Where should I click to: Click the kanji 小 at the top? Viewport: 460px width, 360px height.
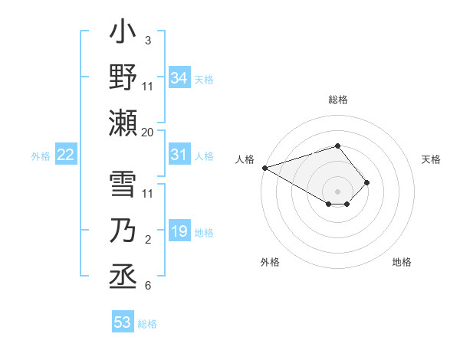[x=123, y=34]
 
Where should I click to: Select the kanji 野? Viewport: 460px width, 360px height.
[x=123, y=77]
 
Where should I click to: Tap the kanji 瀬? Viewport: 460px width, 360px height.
[x=123, y=122]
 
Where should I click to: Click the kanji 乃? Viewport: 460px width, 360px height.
[x=123, y=232]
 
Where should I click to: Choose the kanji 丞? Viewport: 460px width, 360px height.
[x=123, y=277]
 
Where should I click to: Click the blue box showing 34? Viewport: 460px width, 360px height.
[x=179, y=77]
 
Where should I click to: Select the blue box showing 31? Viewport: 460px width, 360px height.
[x=179, y=155]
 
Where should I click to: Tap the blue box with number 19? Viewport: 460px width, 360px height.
[x=179, y=232]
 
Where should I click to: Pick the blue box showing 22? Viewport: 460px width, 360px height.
[x=66, y=155]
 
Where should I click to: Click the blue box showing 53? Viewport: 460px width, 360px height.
[x=123, y=322]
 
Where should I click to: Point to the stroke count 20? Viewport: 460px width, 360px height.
[x=148, y=133]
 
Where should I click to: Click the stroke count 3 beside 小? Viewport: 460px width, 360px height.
[x=148, y=39]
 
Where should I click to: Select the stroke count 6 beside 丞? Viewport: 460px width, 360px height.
[x=148, y=286]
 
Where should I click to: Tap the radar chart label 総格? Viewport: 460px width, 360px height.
[x=337, y=100]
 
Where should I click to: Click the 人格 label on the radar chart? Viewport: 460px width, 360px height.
[x=245, y=159]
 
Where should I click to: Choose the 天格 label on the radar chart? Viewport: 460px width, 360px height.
[x=431, y=159]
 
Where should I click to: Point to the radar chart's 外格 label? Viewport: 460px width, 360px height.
[x=269, y=262]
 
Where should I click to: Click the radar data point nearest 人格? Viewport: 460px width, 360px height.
[x=264, y=167]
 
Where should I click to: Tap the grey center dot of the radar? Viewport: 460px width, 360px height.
[x=337, y=191]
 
